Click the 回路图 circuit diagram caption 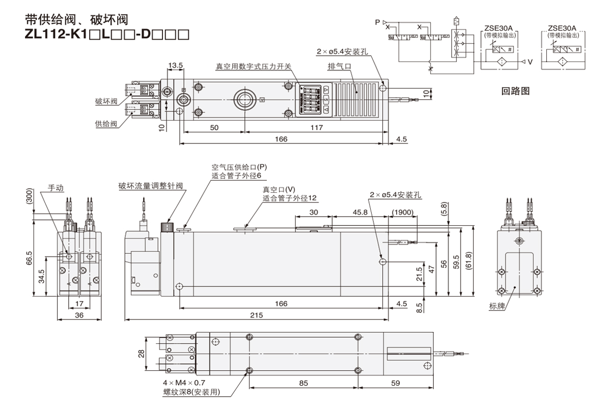[516, 92]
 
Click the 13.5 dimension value [176, 66]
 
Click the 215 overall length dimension [256, 315]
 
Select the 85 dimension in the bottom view [303, 383]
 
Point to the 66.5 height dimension [30, 258]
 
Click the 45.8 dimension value [361, 212]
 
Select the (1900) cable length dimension [403, 212]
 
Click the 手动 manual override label [57, 187]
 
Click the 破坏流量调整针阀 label [150, 186]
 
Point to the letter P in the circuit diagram [377, 22]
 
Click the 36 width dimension [65, 315]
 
